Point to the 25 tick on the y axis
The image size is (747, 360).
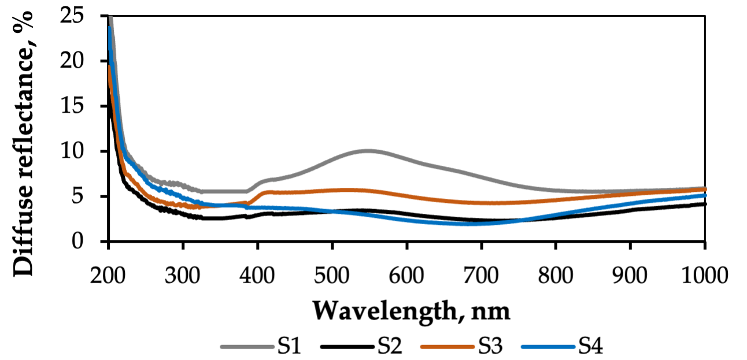click(78, 15)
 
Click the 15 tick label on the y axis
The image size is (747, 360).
click(78, 106)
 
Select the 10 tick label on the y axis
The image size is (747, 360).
click(78, 151)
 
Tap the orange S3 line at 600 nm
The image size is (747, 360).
click(406, 195)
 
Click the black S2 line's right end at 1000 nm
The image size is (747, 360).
click(704, 203)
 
